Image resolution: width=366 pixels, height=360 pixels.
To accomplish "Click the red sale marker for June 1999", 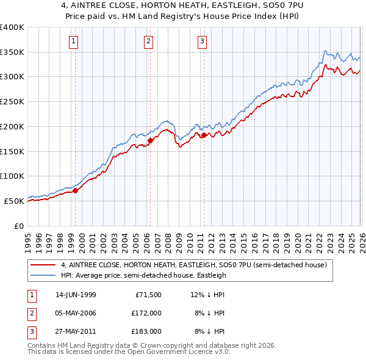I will click(x=76, y=190).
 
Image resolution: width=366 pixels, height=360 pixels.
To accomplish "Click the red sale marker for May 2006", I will click(x=150, y=140).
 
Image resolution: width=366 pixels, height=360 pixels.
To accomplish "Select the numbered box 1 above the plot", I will click(x=74, y=41).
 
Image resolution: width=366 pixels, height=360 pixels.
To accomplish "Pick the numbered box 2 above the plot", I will click(x=148, y=41).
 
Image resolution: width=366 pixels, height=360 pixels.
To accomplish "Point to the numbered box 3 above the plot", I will click(x=202, y=41).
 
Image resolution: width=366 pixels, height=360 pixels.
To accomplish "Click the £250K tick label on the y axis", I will click(x=12, y=102).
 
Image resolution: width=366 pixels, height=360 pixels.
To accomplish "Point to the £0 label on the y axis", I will click(x=18, y=226).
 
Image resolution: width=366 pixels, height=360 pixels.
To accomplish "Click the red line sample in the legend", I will click(x=44, y=265).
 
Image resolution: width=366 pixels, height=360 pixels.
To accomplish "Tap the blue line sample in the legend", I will click(x=44, y=275).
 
